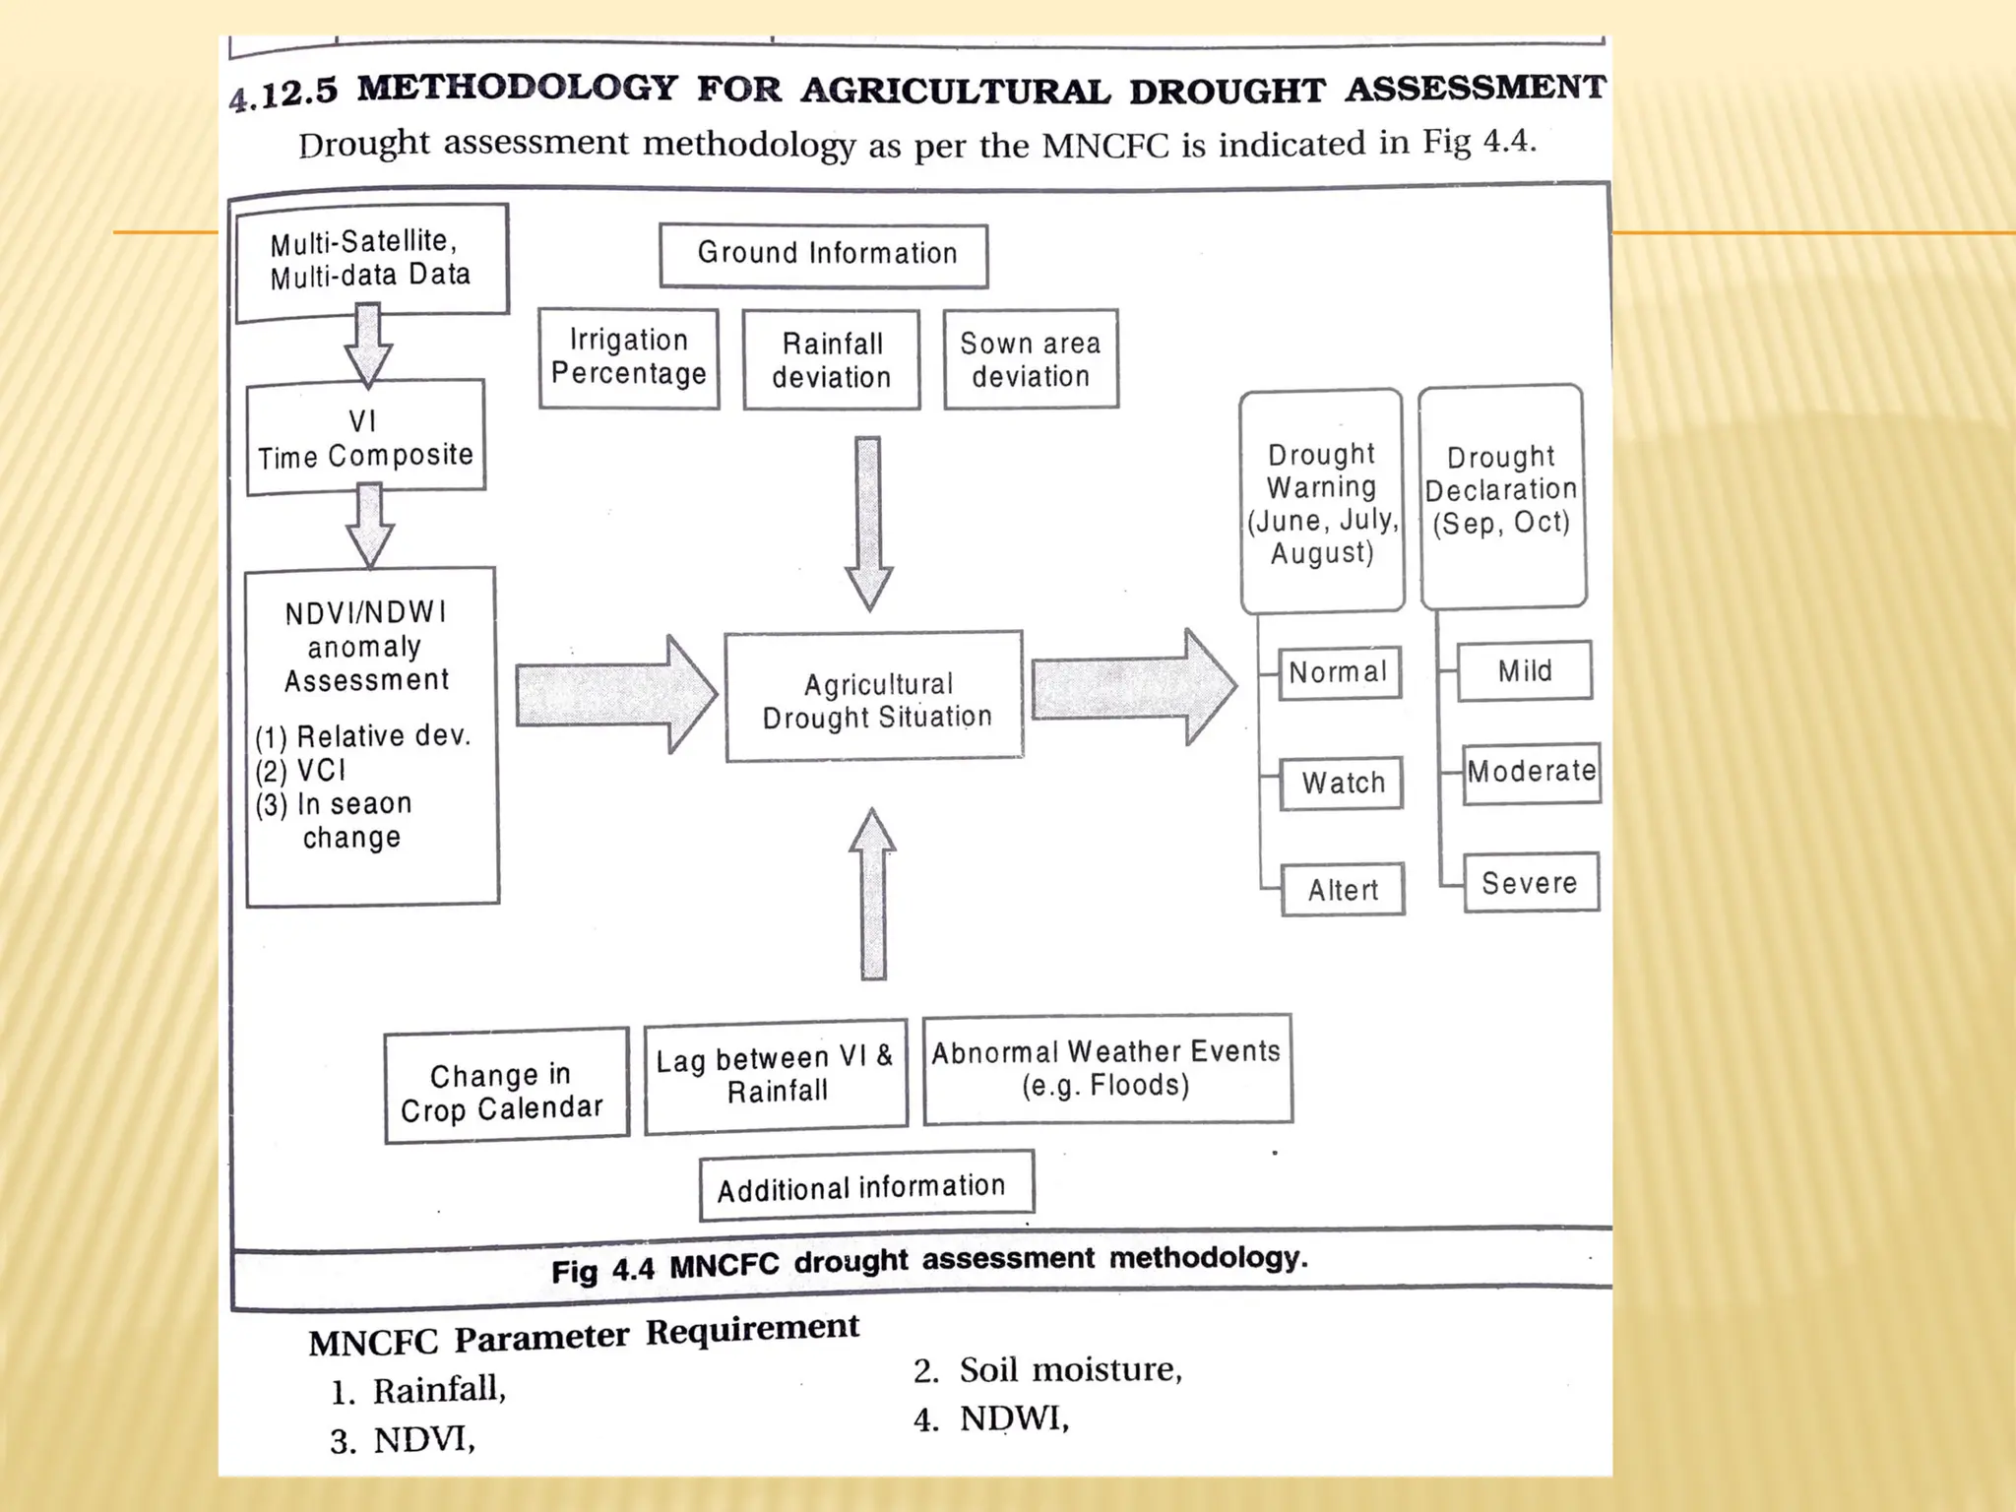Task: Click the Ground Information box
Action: (x=824, y=255)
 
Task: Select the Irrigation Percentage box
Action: (x=629, y=358)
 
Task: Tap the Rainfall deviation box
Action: (x=832, y=360)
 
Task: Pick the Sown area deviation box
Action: (x=1031, y=359)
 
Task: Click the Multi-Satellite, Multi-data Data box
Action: (x=371, y=261)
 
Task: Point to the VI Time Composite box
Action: (x=365, y=439)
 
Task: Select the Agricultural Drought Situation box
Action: (x=874, y=698)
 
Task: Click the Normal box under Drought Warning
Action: (x=1339, y=673)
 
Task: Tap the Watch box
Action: (x=1342, y=784)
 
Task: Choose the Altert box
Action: (x=1343, y=890)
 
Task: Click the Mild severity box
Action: (x=1524, y=671)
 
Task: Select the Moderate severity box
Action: (x=1531, y=772)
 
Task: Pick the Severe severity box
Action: (x=1530, y=883)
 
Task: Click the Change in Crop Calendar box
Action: (x=506, y=1087)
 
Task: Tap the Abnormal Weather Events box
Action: (x=1106, y=1069)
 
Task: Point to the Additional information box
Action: (x=865, y=1186)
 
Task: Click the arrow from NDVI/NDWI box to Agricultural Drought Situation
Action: (x=615, y=695)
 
